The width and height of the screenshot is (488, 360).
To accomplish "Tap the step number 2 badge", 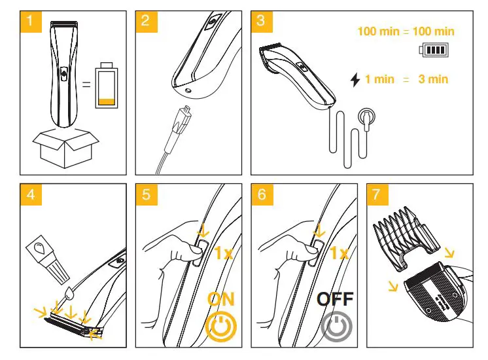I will tap(145, 20).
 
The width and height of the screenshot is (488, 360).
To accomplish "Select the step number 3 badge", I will tap(261, 20).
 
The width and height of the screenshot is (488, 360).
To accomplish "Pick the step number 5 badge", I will tap(145, 194).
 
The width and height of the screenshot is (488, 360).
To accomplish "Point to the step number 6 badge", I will tap(261, 194).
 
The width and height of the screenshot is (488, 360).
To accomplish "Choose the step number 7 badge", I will tap(376, 194).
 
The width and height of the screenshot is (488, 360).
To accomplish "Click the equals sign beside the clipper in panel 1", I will tap(86, 83).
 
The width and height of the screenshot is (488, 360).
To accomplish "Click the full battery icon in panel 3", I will tap(432, 50).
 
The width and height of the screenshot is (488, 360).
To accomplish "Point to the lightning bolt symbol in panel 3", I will tap(355, 80).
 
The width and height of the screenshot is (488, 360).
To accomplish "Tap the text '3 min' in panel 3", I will tap(434, 79).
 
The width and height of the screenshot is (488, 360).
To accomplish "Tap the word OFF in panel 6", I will tap(336, 300).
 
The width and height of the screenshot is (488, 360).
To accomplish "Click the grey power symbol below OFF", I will tap(336, 327).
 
